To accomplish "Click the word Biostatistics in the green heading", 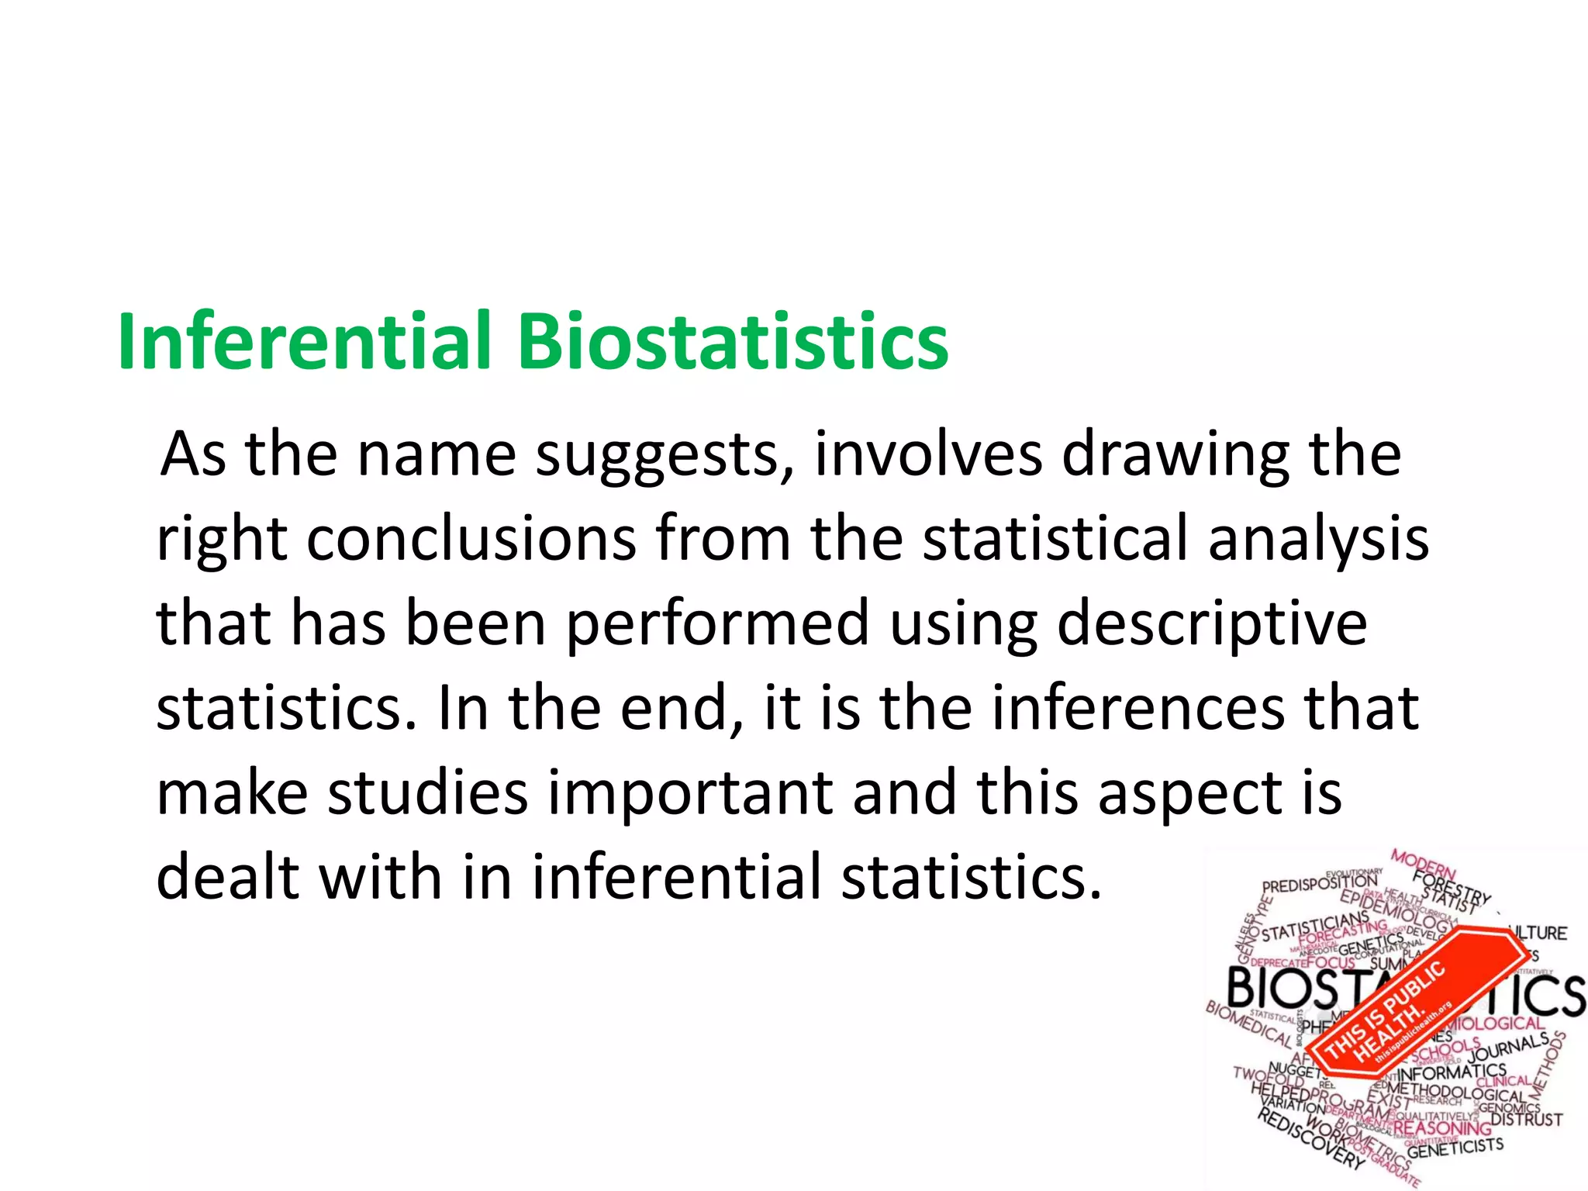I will pyautogui.click(x=733, y=341).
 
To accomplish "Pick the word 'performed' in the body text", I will pyautogui.click(x=718, y=625).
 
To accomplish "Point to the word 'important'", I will pyautogui.click(x=690, y=794).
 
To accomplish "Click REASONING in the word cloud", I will pyautogui.click(x=1441, y=1127).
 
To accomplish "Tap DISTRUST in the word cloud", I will pyautogui.click(x=1526, y=1120).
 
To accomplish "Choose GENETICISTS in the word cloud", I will pyautogui.click(x=1455, y=1148).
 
